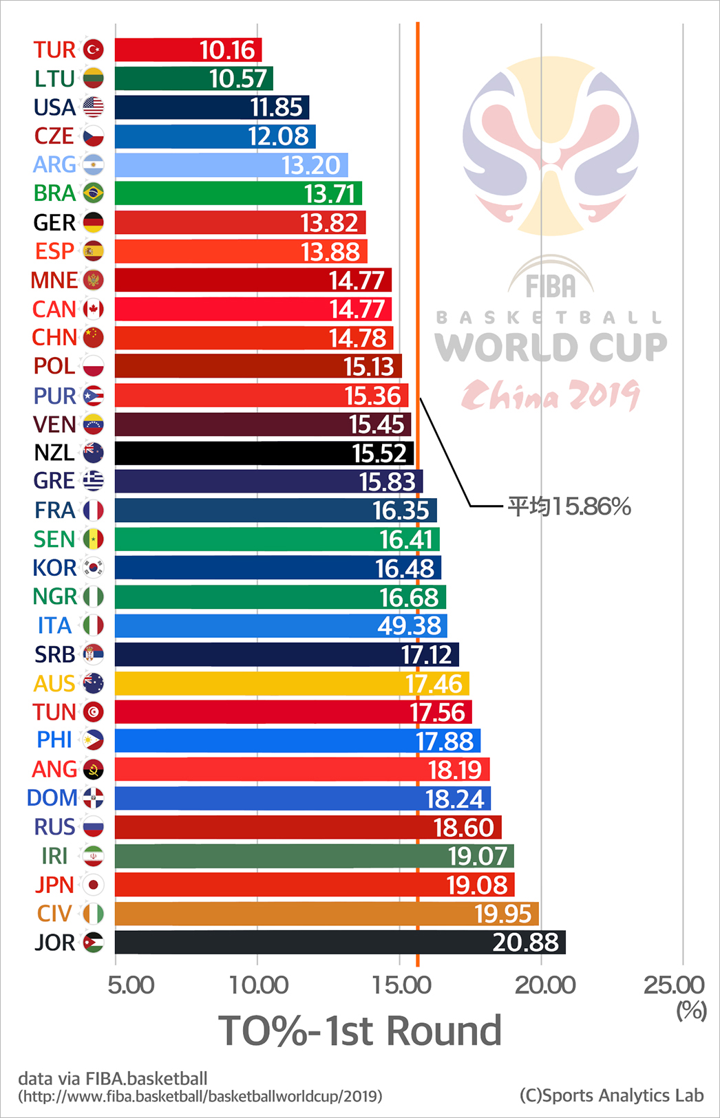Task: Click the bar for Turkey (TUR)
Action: pyautogui.click(x=188, y=50)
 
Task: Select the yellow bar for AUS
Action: pyautogui.click(x=292, y=683)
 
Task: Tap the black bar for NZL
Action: pyautogui.click(x=264, y=453)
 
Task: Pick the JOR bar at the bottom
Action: pyautogui.click(x=340, y=943)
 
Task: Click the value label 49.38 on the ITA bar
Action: pyautogui.click(x=410, y=626)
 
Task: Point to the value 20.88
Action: pyautogui.click(x=525, y=943)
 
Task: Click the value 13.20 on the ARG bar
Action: pyautogui.click(x=311, y=165)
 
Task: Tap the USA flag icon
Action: pyautogui.click(x=94, y=107)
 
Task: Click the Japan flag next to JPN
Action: pyautogui.click(x=94, y=885)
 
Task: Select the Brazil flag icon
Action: pyautogui.click(x=94, y=193)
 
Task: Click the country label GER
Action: pyautogui.click(x=54, y=223)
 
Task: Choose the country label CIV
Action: pyautogui.click(x=54, y=914)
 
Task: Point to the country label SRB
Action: pyautogui.click(x=54, y=654)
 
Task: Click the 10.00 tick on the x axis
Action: pyautogui.click(x=258, y=985)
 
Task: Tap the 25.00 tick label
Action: pyautogui.click(x=674, y=985)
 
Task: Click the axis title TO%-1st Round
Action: pyautogui.click(x=360, y=1031)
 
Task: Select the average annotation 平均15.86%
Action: pyautogui.click(x=569, y=507)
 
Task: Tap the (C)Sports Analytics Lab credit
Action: pyautogui.click(x=611, y=1095)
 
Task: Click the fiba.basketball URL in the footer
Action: pyautogui.click(x=200, y=1096)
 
